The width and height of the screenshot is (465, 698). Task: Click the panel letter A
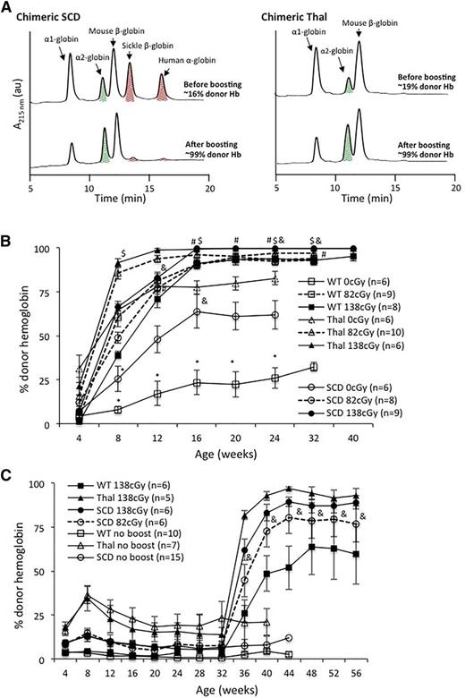tap(7, 8)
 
